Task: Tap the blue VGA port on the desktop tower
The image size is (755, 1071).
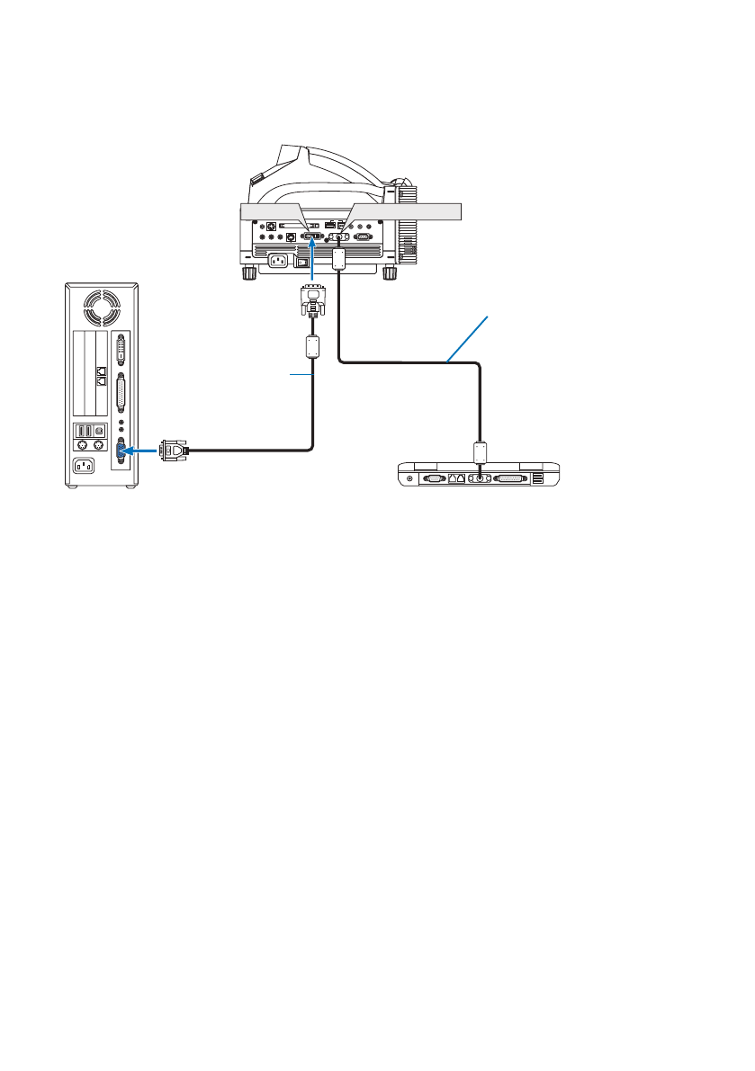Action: [121, 450]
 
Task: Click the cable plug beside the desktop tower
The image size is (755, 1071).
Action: [173, 451]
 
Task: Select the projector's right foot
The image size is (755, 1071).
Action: [390, 272]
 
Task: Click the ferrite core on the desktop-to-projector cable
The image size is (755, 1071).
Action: [312, 345]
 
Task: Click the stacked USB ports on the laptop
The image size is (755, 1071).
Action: [537, 479]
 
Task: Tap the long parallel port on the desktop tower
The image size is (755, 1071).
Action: [122, 394]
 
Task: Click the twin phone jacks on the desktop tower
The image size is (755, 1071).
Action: [100, 375]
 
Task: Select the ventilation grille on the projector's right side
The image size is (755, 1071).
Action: [407, 229]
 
